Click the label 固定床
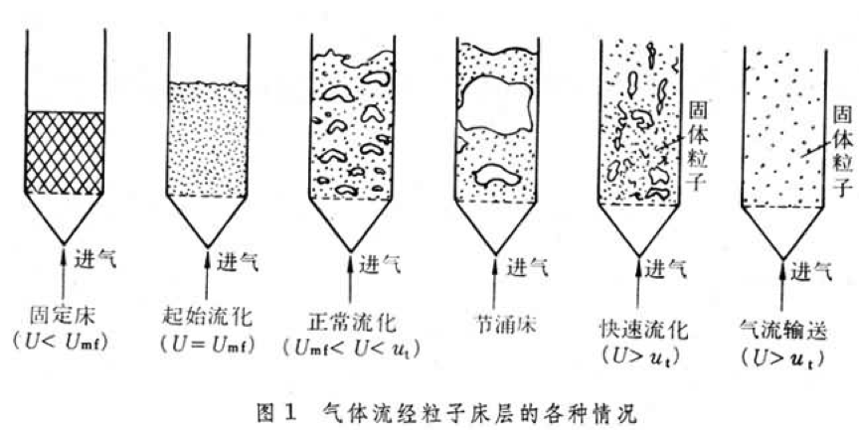click(x=63, y=317)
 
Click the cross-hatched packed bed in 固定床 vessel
click(x=65, y=153)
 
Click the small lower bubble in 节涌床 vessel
click(x=497, y=176)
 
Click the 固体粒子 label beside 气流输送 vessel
click(x=842, y=152)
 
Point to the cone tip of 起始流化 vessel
click(x=208, y=247)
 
